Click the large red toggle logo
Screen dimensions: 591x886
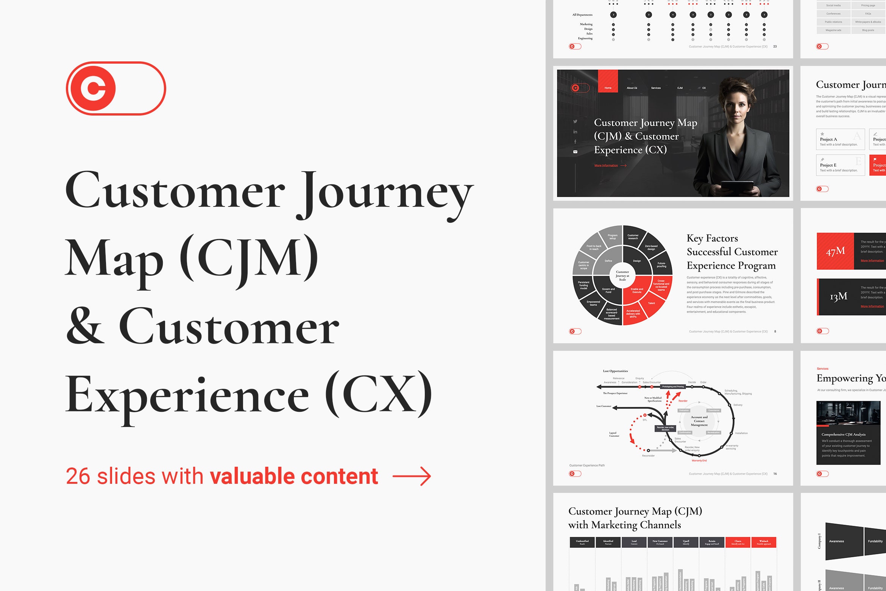click(x=116, y=88)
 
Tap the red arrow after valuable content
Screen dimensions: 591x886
click(x=412, y=477)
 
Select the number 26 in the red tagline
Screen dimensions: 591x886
click(x=78, y=477)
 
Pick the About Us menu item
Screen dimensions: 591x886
click(x=632, y=88)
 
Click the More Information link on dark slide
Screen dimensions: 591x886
click(x=606, y=166)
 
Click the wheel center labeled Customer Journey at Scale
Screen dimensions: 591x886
click(x=622, y=275)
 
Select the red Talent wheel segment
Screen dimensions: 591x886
click(x=651, y=303)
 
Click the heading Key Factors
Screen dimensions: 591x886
click(x=712, y=238)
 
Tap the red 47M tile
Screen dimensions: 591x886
click(x=835, y=251)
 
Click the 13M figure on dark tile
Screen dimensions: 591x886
click(x=838, y=297)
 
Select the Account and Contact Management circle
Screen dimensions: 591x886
click(x=699, y=421)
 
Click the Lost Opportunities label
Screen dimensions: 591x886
click(x=615, y=371)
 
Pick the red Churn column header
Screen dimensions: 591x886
click(x=738, y=542)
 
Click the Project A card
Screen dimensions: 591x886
click(x=840, y=139)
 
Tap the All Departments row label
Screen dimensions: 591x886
click(x=582, y=15)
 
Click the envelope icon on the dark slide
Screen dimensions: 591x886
click(x=575, y=152)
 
